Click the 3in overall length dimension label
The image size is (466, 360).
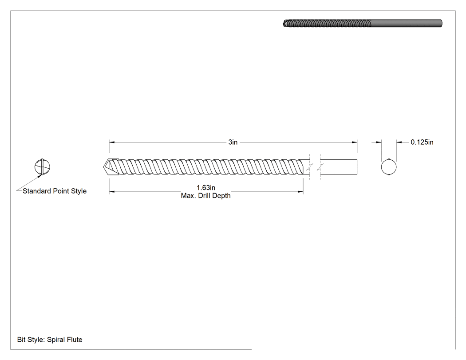pos(233,142)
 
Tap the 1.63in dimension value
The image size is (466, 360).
pos(206,188)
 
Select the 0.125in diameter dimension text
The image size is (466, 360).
pos(422,142)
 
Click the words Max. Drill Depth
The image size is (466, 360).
pos(205,196)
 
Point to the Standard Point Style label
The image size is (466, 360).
pos(55,191)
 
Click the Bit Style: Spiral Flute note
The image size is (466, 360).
pos(50,340)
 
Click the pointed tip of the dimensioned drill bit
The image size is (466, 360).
pos(104,167)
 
